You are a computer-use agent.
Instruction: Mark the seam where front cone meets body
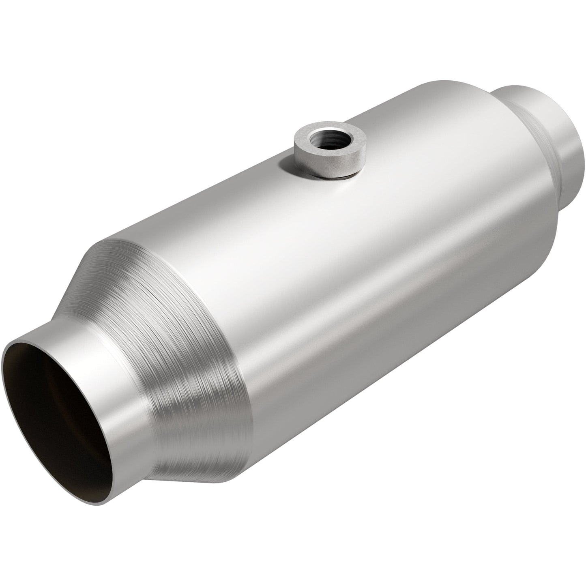pyautogui.click(x=239, y=365)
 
